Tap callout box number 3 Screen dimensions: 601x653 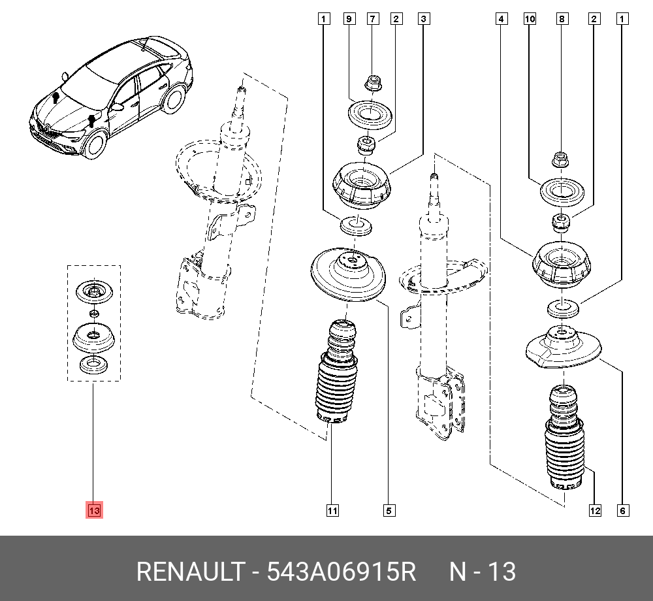click(x=424, y=20)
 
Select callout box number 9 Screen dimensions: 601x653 click(x=349, y=20)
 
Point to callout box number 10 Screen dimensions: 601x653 click(x=530, y=20)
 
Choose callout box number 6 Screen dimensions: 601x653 click(x=622, y=511)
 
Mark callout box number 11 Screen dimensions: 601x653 click(x=333, y=511)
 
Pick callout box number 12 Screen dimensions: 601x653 click(x=595, y=511)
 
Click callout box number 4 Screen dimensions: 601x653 click(x=502, y=20)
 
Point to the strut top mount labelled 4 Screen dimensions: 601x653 click(x=562, y=265)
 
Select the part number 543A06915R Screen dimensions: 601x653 click(x=340, y=572)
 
